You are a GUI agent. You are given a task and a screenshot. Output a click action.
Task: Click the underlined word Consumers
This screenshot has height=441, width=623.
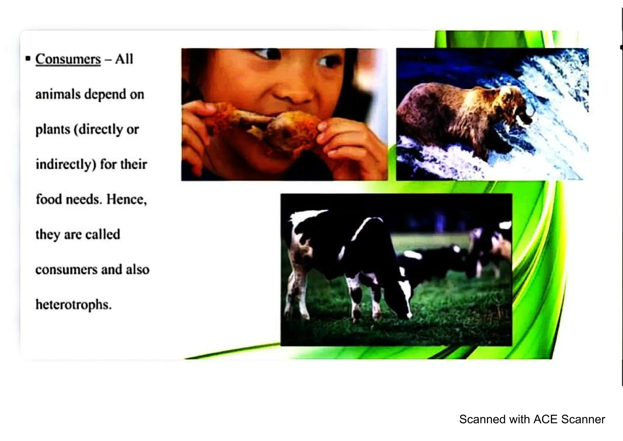(x=68, y=59)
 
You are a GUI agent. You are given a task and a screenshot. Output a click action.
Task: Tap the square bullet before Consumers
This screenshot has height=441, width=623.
(x=28, y=58)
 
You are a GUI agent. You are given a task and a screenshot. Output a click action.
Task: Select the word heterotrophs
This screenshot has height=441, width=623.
(x=73, y=305)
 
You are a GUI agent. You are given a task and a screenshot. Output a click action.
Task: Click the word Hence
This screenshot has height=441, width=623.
(x=126, y=199)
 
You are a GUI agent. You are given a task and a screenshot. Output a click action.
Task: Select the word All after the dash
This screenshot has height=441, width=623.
(x=124, y=59)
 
